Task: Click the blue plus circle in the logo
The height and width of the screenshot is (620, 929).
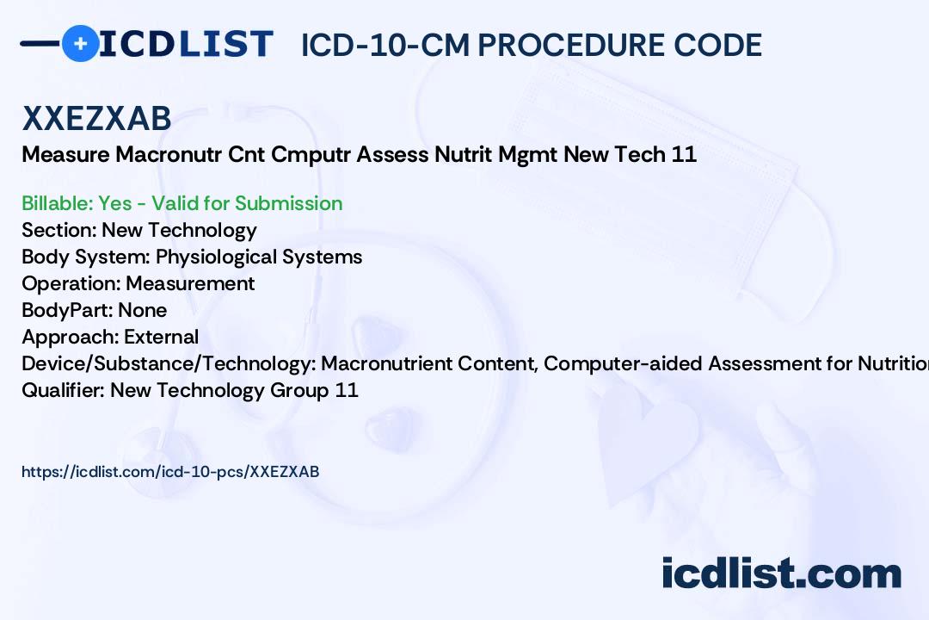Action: coord(80,43)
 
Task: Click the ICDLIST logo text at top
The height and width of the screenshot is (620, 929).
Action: coord(186,44)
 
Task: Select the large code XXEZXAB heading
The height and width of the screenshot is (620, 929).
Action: coord(96,119)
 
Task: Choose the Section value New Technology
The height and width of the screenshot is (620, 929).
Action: coord(179,230)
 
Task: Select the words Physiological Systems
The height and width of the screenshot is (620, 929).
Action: coord(259,257)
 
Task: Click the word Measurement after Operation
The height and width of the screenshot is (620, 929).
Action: coord(190,283)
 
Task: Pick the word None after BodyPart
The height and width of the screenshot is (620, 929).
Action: coord(143,310)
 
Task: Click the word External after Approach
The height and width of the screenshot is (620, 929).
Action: coord(161,337)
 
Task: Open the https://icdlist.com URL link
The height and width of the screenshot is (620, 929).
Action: coord(170,471)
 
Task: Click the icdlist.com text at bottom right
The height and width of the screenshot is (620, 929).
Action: coord(781,574)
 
